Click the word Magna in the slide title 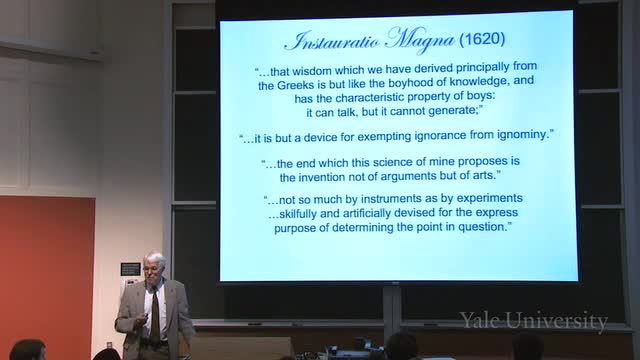tap(420, 40)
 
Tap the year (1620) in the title tap(482, 39)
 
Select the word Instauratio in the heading tap(332, 42)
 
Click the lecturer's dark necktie tap(155, 315)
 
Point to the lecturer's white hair tap(155, 260)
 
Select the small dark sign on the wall tap(131, 269)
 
